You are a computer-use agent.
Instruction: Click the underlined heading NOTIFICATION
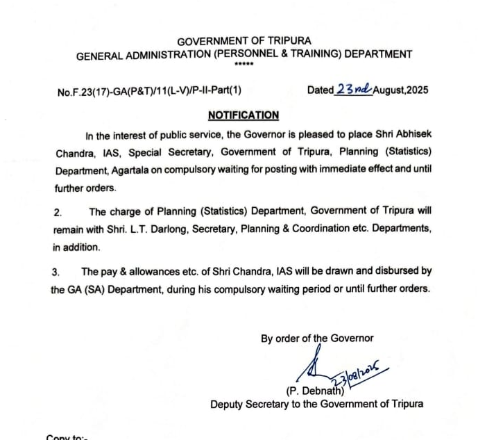[x=243, y=115]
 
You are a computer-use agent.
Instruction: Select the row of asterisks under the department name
[x=244, y=65]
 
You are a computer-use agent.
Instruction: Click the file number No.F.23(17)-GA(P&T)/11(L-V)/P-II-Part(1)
[x=150, y=90]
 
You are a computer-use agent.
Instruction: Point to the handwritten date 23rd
[x=354, y=89]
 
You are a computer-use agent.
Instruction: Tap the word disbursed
[x=395, y=271]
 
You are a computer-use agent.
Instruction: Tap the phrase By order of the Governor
[x=317, y=339]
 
